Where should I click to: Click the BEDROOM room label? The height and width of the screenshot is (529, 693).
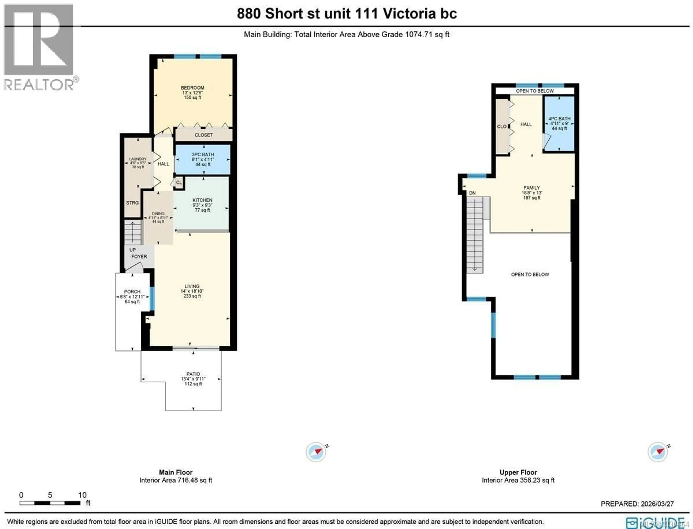pos(192,88)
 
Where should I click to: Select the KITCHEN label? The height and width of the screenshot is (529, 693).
pos(202,200)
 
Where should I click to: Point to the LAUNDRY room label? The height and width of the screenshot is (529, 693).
pos(138,159)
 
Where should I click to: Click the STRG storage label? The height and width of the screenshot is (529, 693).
pos(132,203)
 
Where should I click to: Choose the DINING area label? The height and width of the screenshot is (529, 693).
pos(158,214)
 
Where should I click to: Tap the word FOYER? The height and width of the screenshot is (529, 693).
pos(139,257)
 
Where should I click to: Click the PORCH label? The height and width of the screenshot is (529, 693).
pos(132,292)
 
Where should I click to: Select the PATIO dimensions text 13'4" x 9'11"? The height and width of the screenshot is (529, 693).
pos(193,379)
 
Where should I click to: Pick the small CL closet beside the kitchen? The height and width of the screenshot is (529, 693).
pos(179,183)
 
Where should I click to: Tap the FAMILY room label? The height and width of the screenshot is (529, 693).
pos(532,188)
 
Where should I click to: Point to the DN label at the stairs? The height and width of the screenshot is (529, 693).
pos(472,193)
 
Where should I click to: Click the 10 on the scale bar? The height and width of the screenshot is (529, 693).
pos(82,495)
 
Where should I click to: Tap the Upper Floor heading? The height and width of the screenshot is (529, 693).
pos(518,472)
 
